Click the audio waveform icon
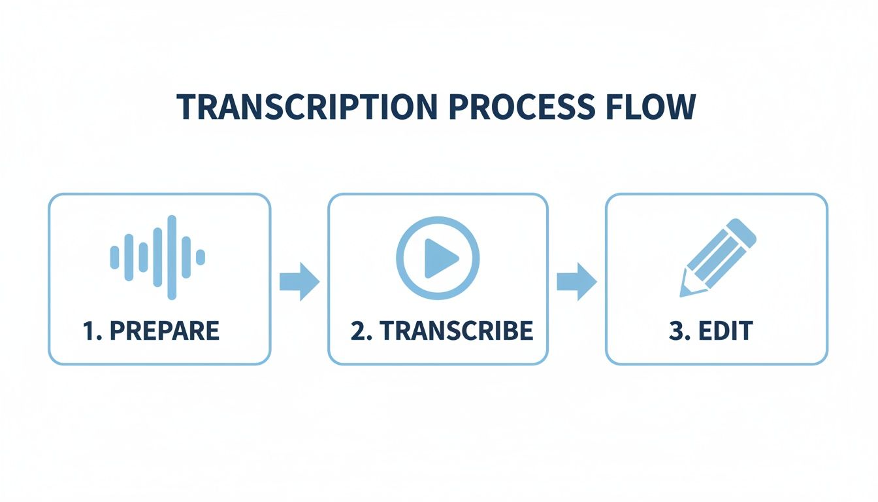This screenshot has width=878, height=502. [x=157, y=257]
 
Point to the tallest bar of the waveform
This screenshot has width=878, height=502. [x=172, y=257]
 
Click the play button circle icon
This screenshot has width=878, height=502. [x=438, y=258]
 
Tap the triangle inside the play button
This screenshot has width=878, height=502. [x=440, y=258]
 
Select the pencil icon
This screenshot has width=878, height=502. [x=717, y=258]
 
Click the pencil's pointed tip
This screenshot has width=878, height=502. [x=684, y=292]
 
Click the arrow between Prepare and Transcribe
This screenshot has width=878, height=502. [x=299, y=282]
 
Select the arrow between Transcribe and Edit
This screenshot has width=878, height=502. [x=577, y=282]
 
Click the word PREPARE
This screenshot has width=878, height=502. [x=164, y=331]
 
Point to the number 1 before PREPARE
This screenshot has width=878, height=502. [x=88, y=331]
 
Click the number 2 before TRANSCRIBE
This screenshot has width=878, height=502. [x=357, y=331]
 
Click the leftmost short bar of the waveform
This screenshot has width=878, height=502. [x=114, y=257]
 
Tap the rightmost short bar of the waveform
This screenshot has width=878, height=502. [x=201, y=257]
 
